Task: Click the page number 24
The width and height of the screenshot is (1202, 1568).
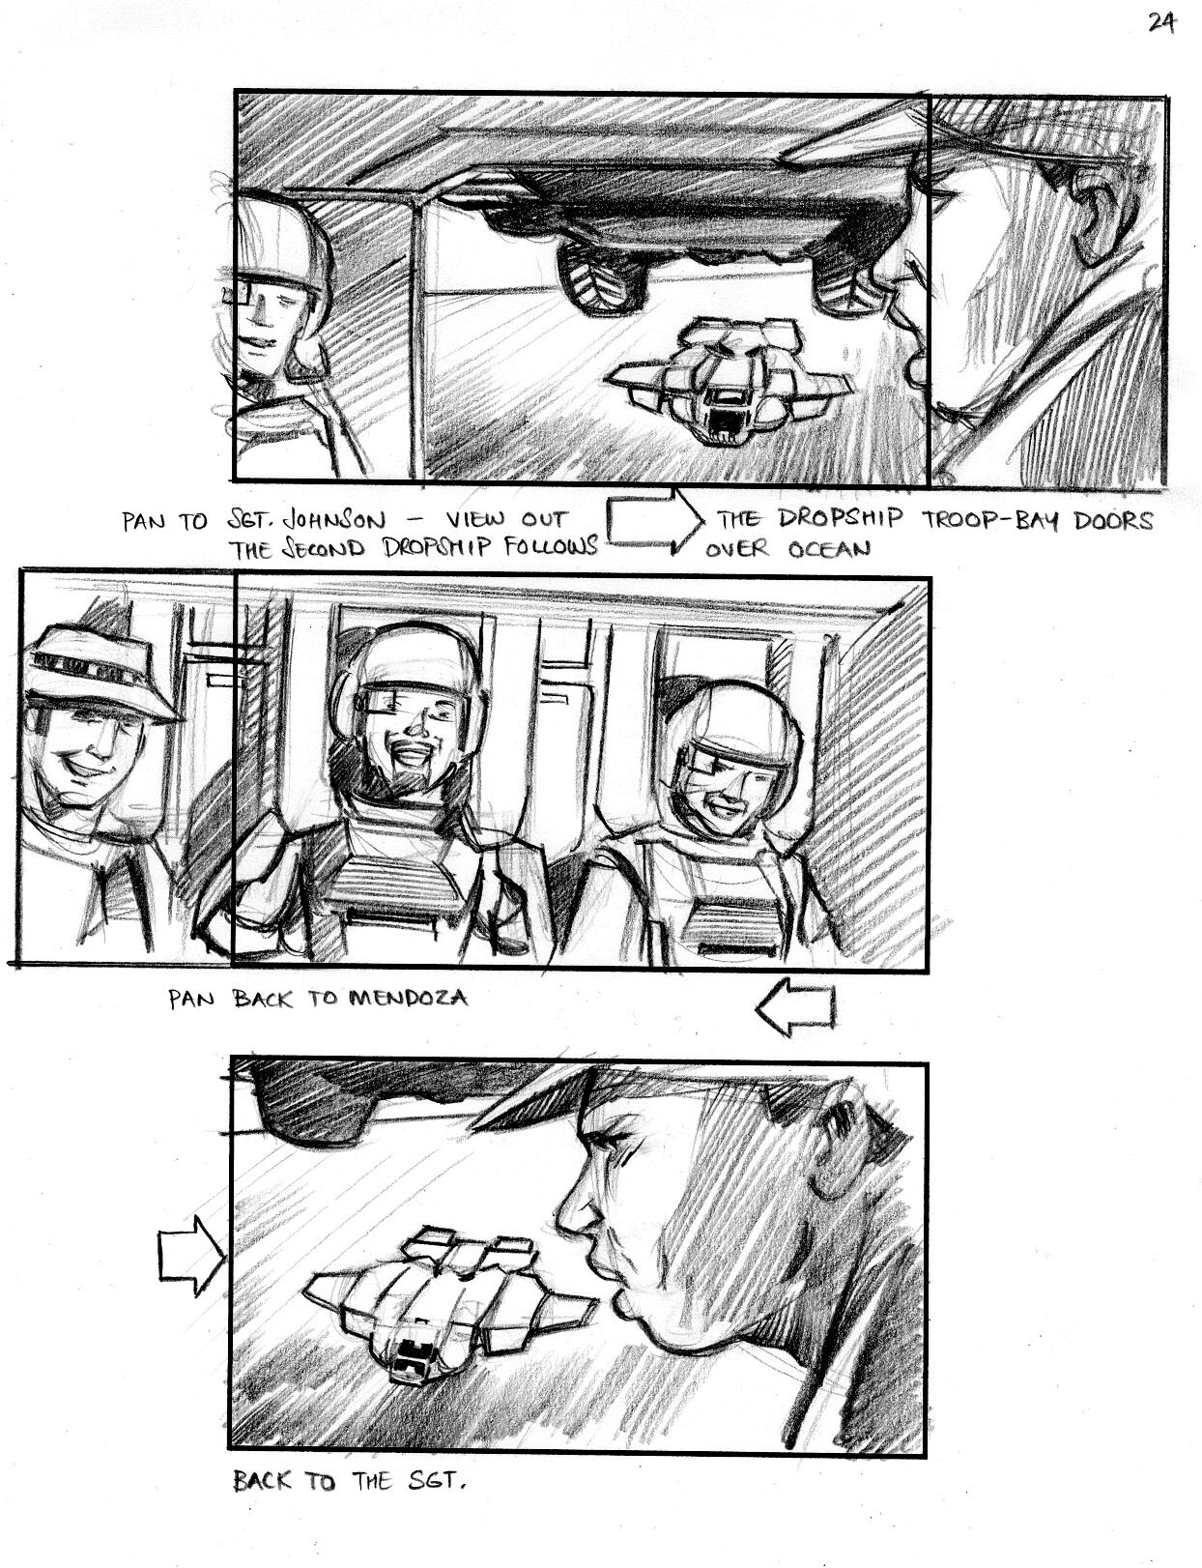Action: pyautogui.click(x=1161, y=24)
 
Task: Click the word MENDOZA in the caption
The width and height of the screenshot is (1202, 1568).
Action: pyautogui.click(x=408, y=999)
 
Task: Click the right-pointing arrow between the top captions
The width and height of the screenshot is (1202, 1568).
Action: pyautogui.click(x=654, y=521)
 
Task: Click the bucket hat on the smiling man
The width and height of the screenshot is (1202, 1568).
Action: pyautogui.click(x=98, y=673)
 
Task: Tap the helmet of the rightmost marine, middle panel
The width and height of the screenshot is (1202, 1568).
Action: pyautogui.click(x=733, y=729)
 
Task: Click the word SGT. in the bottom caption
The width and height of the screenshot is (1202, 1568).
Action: pyautogui.click(x=437, y=1481)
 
